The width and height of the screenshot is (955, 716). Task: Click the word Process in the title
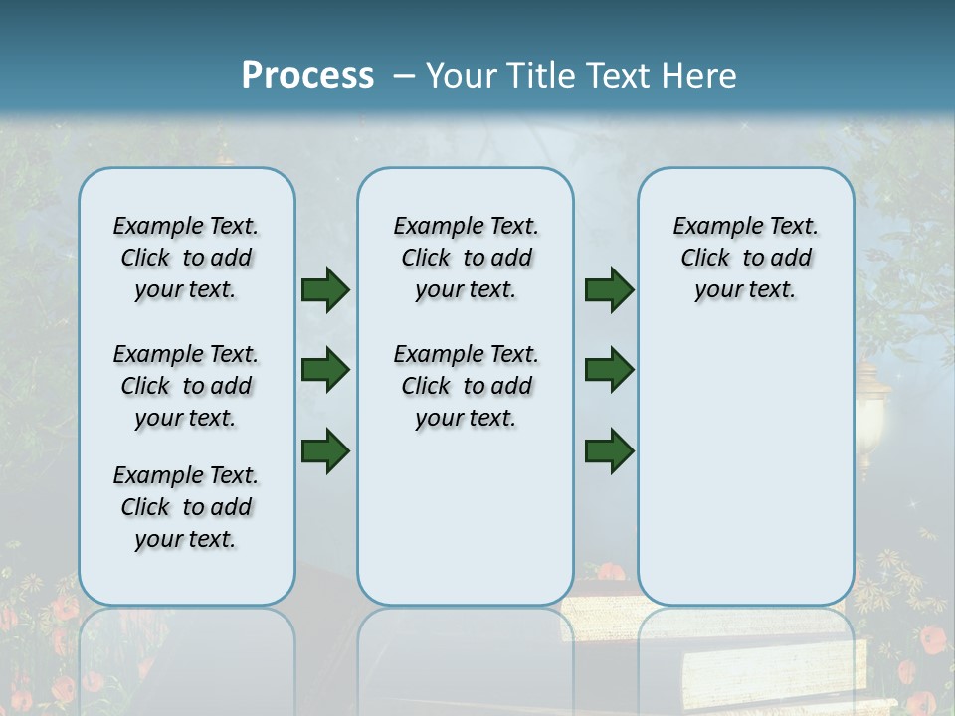307,75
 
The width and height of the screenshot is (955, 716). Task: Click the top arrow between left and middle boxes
325,290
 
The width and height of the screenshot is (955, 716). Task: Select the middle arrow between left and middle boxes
325,371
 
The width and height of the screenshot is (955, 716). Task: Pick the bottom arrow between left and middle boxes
325,450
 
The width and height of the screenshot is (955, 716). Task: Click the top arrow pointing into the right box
609,290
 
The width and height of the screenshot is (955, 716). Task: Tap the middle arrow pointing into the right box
609,370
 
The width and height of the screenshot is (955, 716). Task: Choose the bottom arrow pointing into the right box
609,450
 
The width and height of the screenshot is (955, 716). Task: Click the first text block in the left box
186,258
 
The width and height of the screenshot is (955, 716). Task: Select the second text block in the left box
186,386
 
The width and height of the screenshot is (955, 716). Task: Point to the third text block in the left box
186,507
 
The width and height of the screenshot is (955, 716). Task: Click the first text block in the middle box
466,258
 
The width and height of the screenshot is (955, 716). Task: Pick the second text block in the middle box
466,386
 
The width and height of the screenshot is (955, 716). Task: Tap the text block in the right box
745,258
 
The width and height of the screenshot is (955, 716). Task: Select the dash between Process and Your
404,76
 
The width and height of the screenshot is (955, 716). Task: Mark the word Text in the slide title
621,76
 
